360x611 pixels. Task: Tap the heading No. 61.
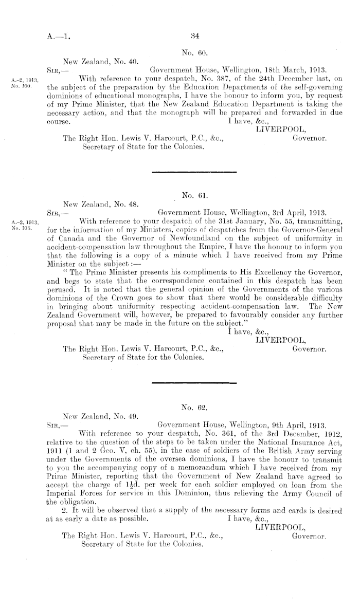click(194, 195)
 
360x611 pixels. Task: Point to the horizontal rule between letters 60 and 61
click(194, 171)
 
